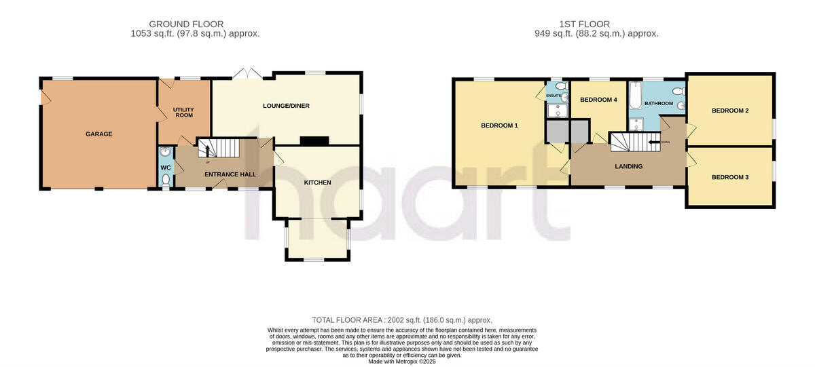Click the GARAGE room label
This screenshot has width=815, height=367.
(99, 134)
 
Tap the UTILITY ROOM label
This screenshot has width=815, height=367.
(183, 112)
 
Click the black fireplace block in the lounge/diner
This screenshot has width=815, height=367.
(314, 141)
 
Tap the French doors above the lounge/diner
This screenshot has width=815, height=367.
(246, 73)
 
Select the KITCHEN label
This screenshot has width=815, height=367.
(317, 182)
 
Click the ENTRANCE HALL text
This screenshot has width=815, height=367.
(230, 174)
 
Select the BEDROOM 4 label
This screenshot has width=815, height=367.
(598, 100)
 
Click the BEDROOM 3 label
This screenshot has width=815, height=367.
(730, 177)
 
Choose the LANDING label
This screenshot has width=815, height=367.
(628, 166)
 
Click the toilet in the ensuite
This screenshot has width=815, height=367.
(560, 87)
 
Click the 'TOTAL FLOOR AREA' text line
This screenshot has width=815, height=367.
(401, 320)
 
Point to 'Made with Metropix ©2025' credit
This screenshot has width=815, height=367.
(401, 362)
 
